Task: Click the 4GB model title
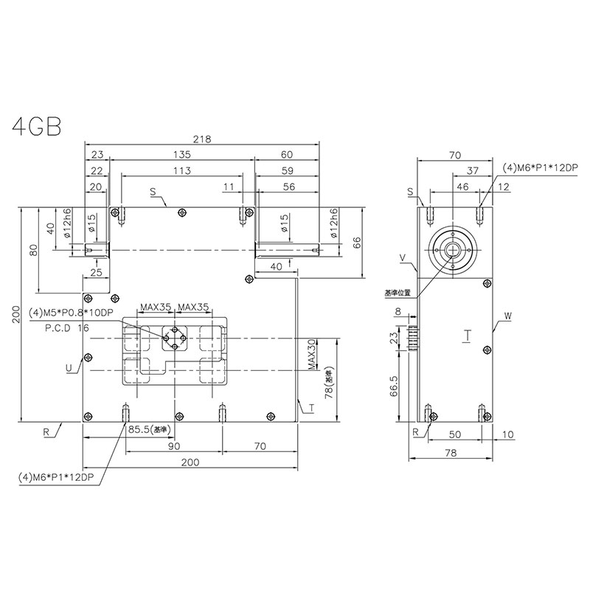36,126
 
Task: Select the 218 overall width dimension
202,139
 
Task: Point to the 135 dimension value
181,154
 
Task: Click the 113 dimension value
181,170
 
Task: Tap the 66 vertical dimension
356,243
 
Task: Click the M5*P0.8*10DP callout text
71,313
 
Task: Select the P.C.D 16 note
67,328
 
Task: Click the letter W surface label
507,316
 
